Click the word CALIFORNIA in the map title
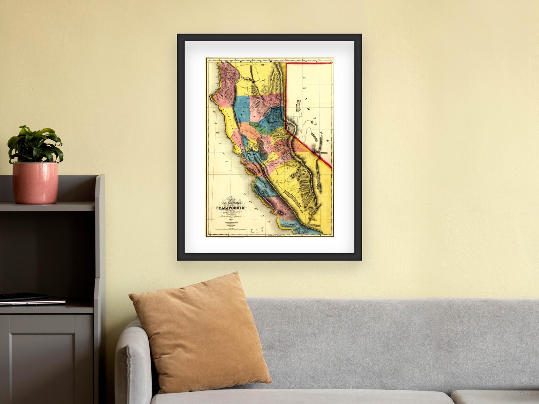click(x=231, y=208)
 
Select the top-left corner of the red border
click(x=286, y=63)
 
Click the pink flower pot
click(x=35, y=183)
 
